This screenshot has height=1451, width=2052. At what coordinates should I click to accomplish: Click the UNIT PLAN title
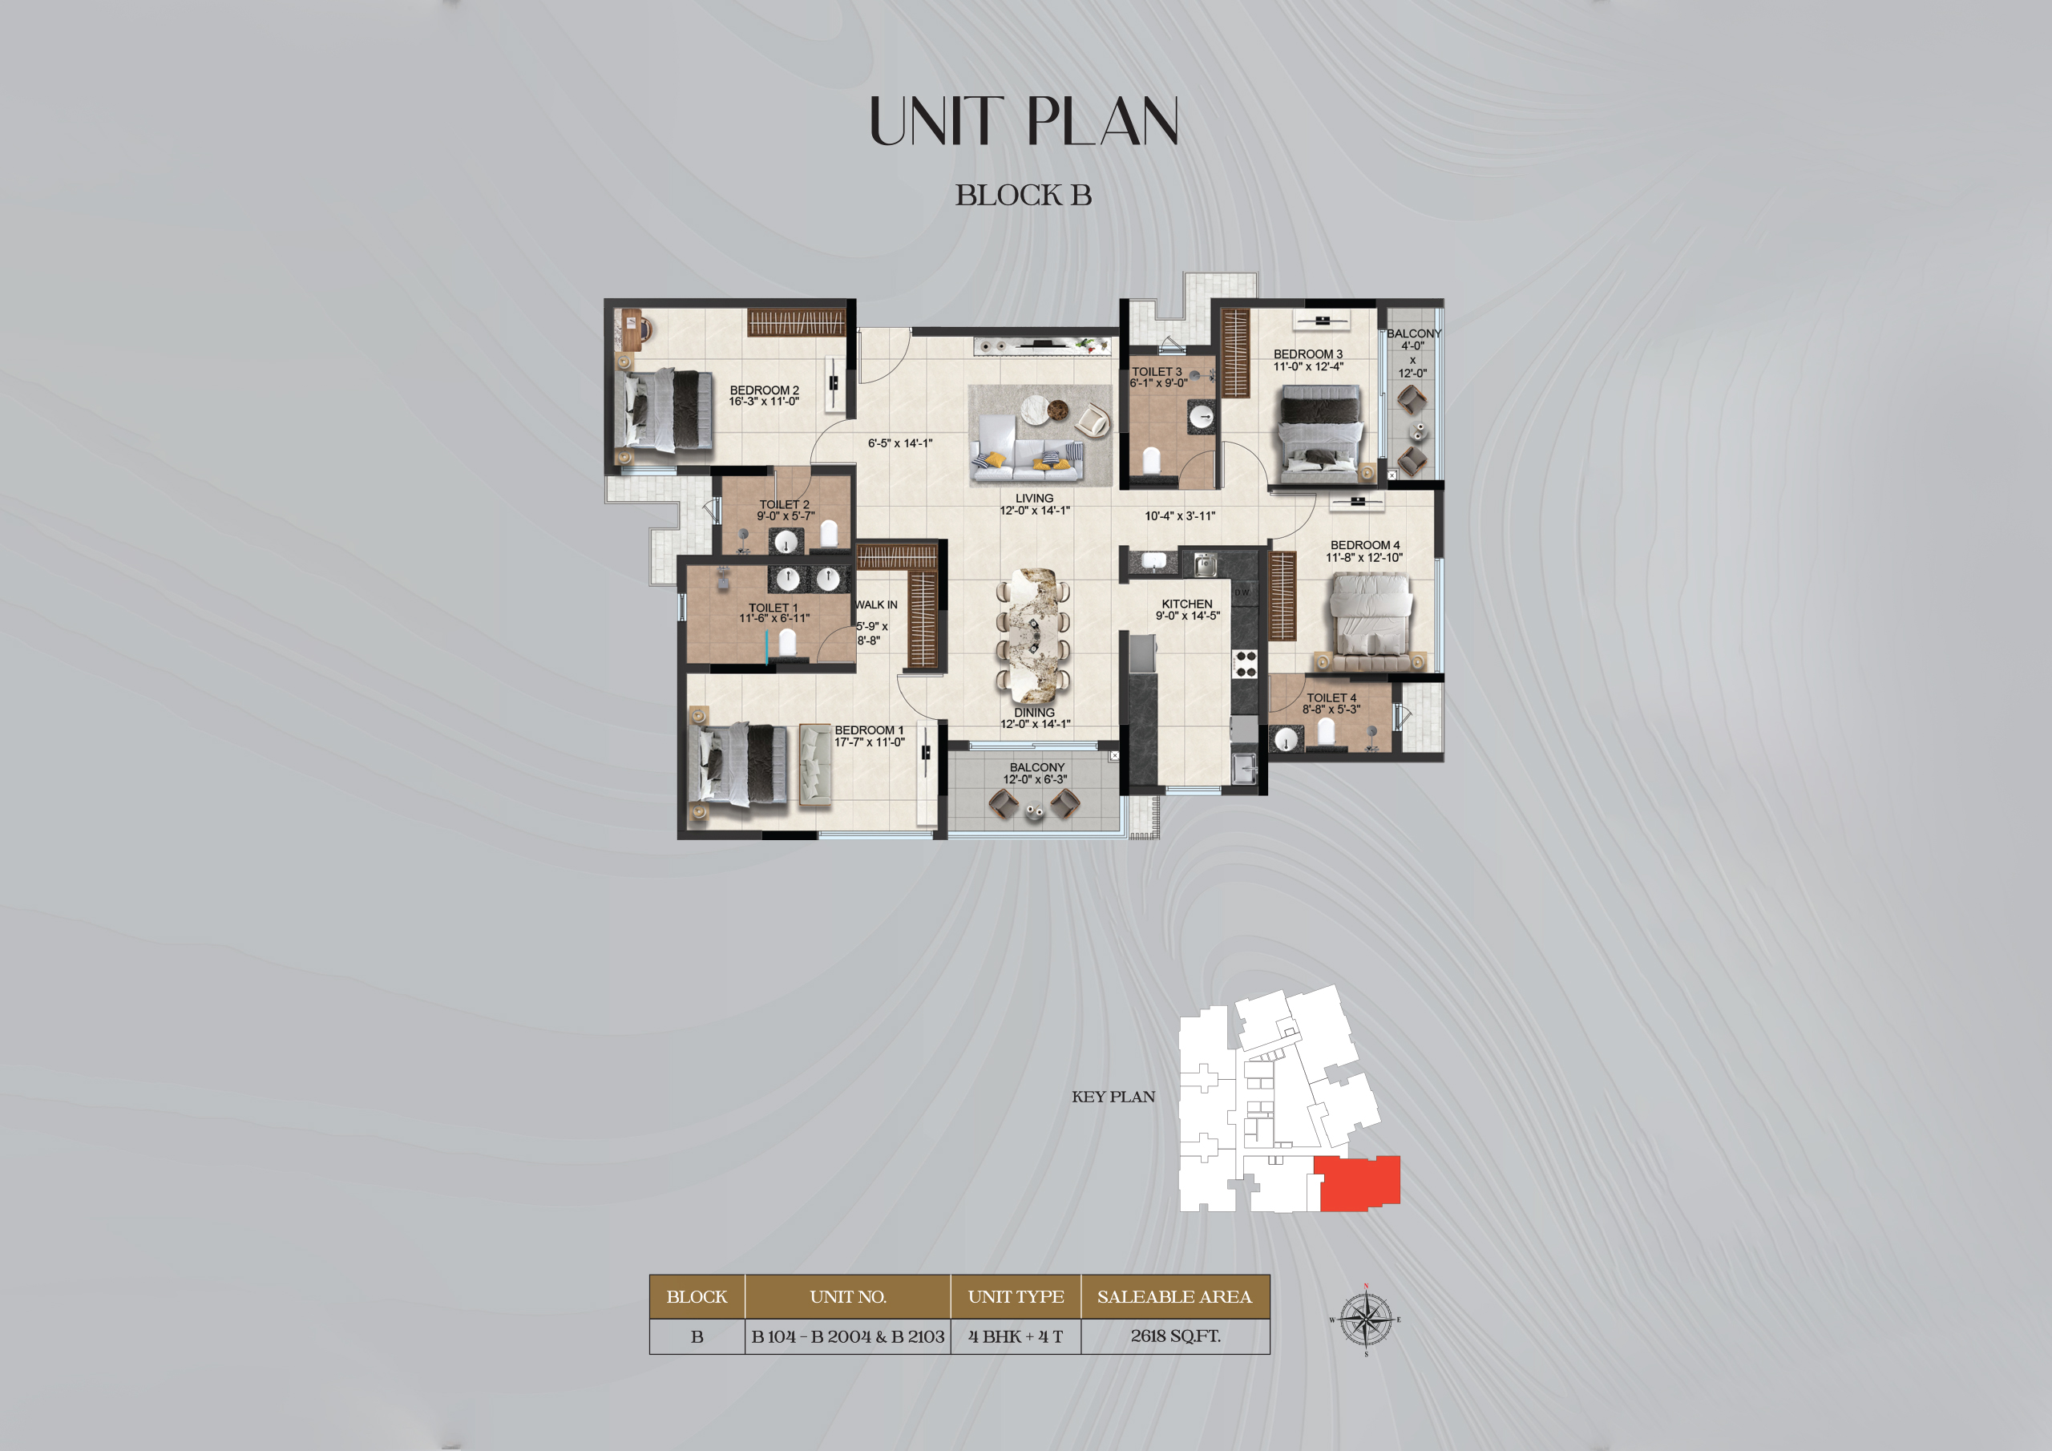tap(1024, 122)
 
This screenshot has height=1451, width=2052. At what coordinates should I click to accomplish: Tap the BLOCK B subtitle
tap(1024, 195)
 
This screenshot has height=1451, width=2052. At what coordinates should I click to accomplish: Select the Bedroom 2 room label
tap(764, 395)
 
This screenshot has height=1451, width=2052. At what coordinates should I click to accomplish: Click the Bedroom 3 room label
tap(1307, 359)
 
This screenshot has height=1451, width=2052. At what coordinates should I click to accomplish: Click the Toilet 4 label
tap(1331, 704)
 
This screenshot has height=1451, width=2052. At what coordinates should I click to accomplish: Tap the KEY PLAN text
tap(1113, 1097)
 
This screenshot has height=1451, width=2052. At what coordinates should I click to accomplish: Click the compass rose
tap(1366, 1320)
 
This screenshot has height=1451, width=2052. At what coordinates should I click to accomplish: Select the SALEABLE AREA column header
tap(1174, 1296)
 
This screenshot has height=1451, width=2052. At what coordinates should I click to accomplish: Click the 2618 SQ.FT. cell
tap(1174, 1336)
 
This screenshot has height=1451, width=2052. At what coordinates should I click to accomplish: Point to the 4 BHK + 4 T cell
tap(1016, 1336)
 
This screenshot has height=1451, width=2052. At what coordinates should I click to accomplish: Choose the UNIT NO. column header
tap(847, 1296)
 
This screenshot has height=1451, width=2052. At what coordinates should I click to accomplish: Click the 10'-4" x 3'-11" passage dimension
tap(1180, 515)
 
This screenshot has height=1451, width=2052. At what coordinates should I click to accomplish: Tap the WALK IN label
tap(876, 605)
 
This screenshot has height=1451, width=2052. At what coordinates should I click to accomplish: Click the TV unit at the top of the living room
tap(1044, 345)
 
